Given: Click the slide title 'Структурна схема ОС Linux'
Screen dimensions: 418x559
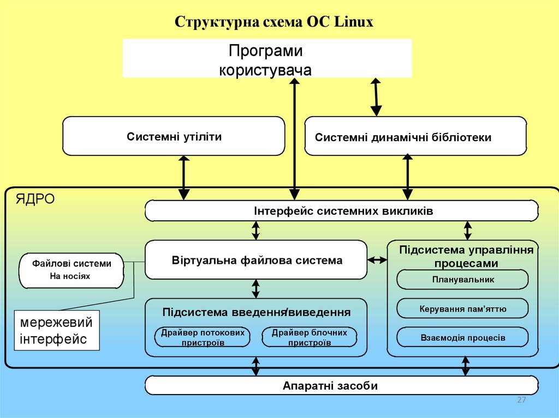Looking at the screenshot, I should pos(274,22).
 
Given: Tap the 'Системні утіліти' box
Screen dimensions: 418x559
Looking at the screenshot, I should pos(174,136).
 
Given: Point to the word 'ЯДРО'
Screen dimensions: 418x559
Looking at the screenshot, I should pos(35,199).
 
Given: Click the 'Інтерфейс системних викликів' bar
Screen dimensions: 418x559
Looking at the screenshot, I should pos(342,211).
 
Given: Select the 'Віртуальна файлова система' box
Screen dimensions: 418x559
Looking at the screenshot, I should pos(256,261).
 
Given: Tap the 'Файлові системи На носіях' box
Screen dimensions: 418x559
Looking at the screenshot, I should pos(71,270).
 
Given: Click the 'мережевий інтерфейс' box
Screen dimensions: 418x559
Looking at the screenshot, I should pos(56,330).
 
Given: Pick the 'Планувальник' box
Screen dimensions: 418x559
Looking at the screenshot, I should pos(462,280).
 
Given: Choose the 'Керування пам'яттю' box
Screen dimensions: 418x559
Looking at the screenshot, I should pos(462,309).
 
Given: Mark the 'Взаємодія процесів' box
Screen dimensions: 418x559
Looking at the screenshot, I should pos(462,337).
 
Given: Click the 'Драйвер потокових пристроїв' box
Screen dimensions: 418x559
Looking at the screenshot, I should pos(203,337).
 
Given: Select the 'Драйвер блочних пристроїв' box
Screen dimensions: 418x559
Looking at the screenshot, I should pos(309,337).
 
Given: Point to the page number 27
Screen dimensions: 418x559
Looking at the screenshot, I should pos(521,401).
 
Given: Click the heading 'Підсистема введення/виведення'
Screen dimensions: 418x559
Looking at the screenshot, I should pos(256,312).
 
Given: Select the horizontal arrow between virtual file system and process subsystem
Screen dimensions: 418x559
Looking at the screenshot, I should pos(377,261).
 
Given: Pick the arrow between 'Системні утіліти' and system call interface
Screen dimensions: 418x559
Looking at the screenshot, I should pos(183,177).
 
